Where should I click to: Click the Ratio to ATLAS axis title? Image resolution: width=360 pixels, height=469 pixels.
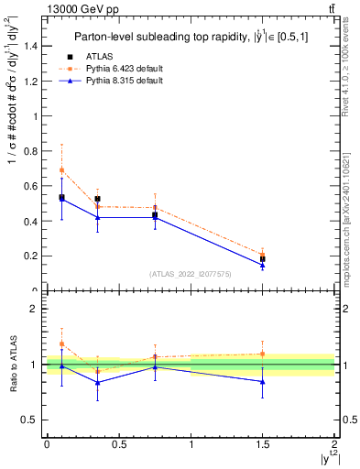click(12, 364)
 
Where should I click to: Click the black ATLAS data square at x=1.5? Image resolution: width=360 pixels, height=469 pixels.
click(263, 259)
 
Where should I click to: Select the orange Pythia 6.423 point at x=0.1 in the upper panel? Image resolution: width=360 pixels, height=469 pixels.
click(61, 170)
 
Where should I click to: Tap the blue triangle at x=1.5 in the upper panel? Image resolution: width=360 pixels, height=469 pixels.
click(263, 265)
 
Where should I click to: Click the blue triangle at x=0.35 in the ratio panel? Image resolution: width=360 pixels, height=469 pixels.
click(97, 383)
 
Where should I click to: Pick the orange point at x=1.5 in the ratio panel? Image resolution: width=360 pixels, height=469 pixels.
click(263, 354)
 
